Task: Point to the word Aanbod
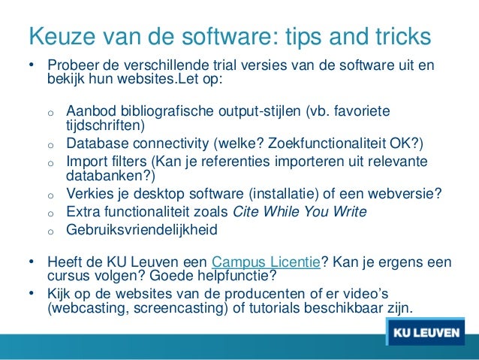(x=89, y=111)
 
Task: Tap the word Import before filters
(x=86, y=162)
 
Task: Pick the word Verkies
(x=88, y=194)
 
